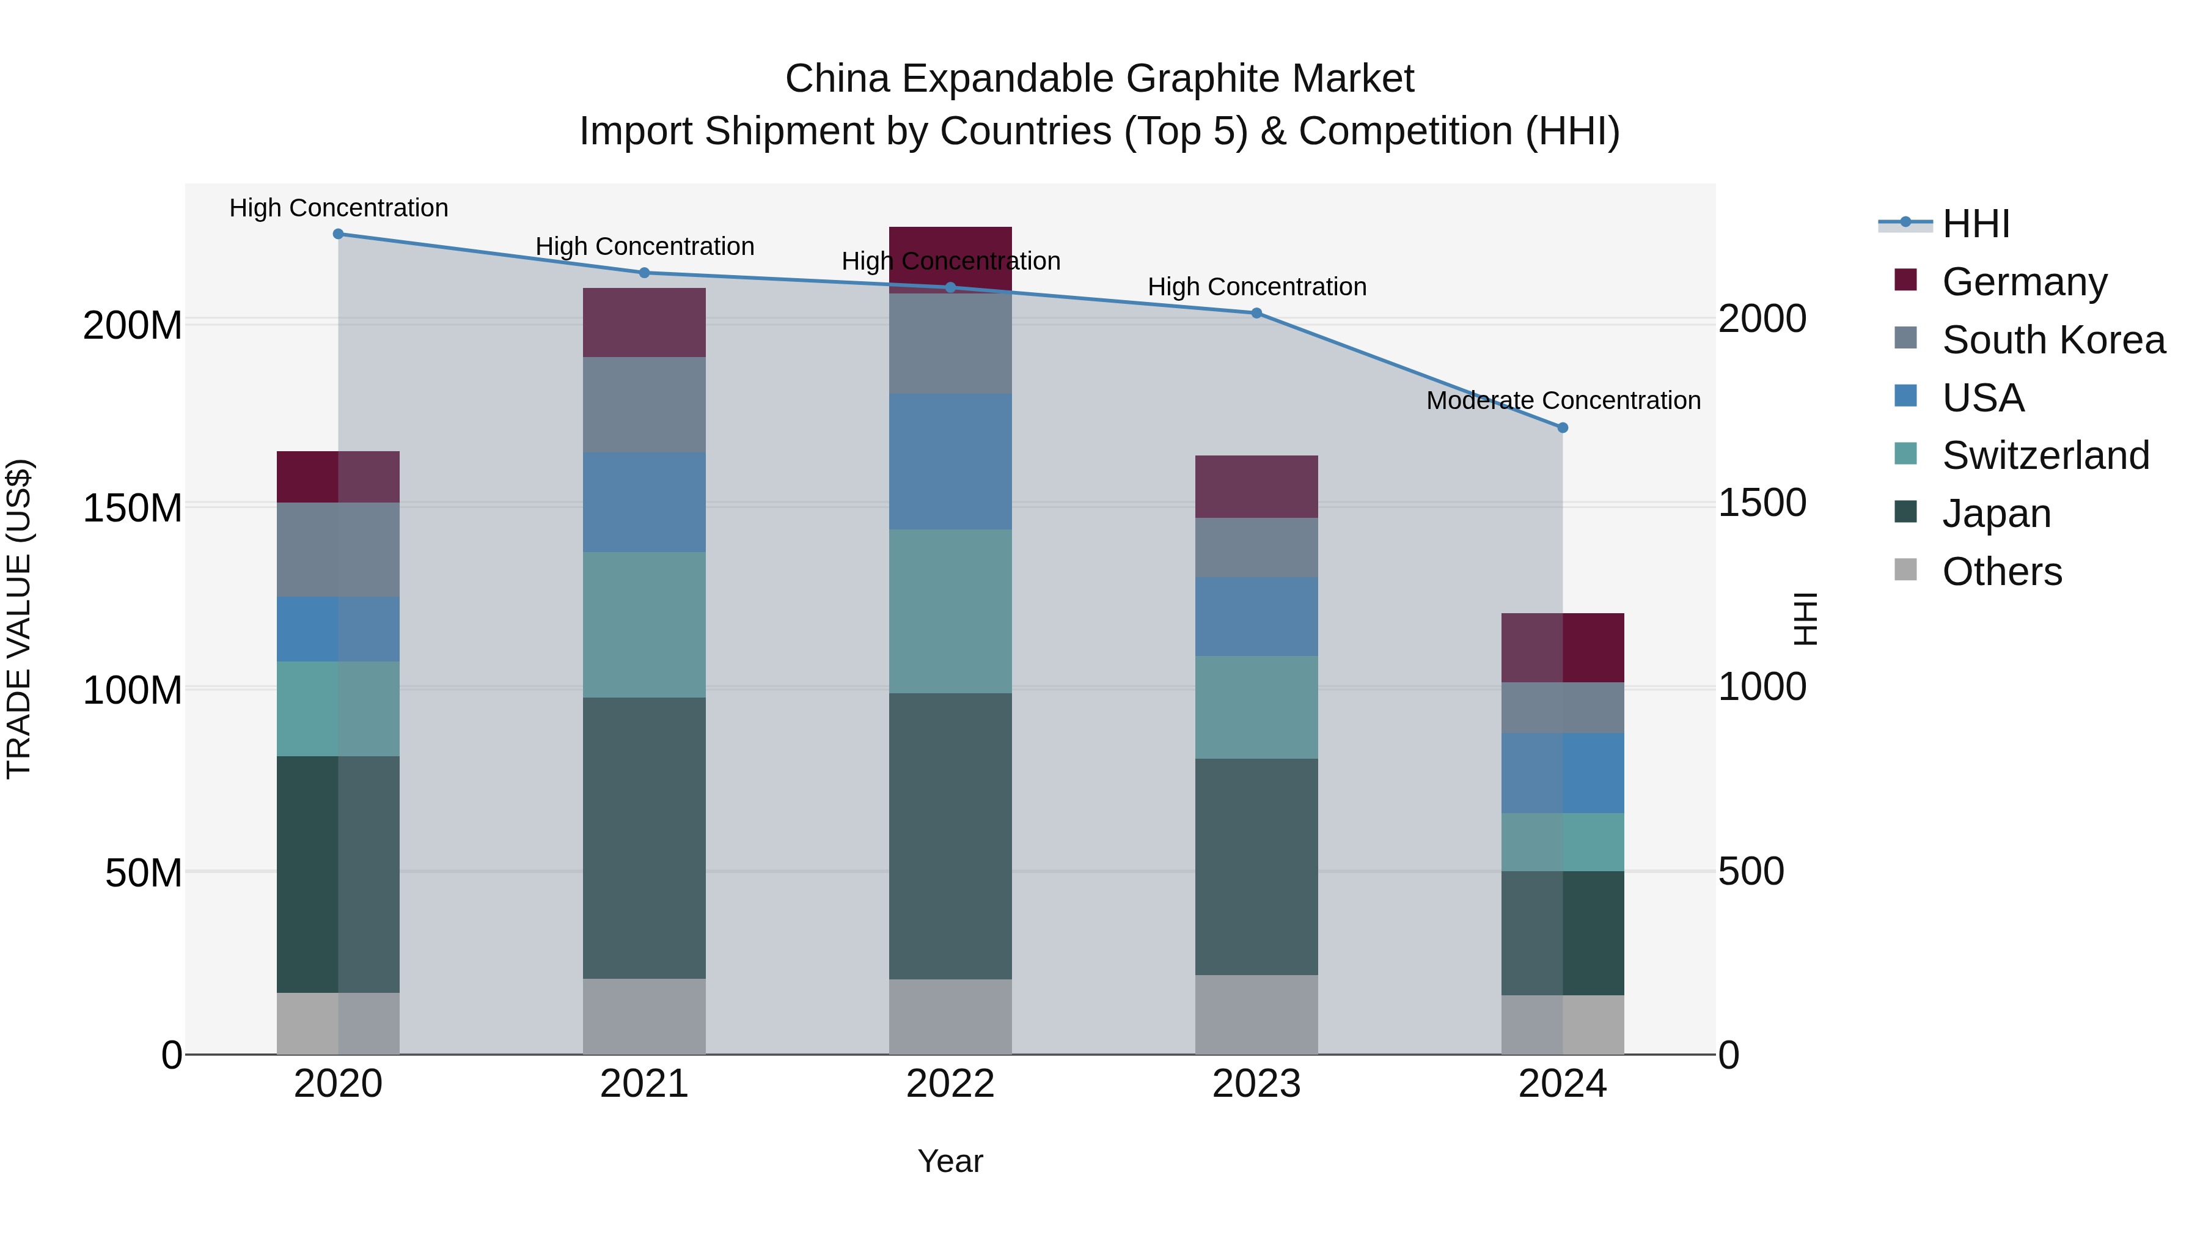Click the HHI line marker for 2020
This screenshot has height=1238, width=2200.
(x=338, y=234)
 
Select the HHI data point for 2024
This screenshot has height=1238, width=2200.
(x=1562, y=427)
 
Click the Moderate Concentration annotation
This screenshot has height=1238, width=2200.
(x=1563, y=400)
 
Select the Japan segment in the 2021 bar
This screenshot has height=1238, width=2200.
(x=644, y=838)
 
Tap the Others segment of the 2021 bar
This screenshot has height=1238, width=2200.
(x=644, y=1017)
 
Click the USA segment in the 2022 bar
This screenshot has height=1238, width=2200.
(x=950, y=462)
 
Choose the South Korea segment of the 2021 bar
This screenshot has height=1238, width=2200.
(x=644, y=405)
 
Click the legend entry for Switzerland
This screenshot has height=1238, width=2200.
(x=2045, y=455)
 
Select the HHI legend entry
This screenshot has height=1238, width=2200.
(x=1975, y=224)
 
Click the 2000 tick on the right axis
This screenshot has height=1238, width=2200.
(x=1762, y=319)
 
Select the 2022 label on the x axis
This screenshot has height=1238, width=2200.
(x=950, y=1084)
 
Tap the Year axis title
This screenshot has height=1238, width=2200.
(x=950, y=1161)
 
